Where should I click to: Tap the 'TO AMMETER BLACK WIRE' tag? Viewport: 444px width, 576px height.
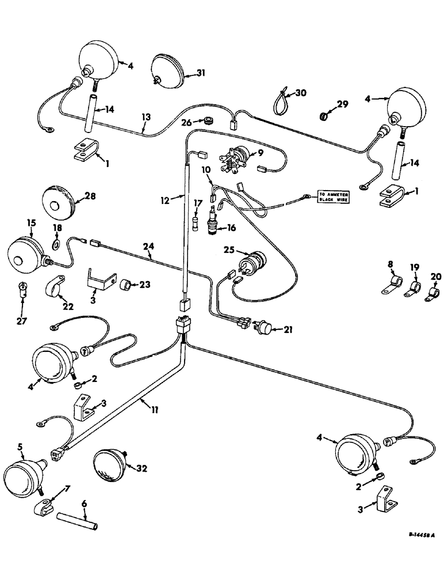tap(333, 196)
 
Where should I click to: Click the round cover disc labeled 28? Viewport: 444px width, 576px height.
tap(59, 203)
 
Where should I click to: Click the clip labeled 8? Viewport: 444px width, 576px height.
tap(395, 284)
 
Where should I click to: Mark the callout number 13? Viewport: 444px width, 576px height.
tap(147, 118)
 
